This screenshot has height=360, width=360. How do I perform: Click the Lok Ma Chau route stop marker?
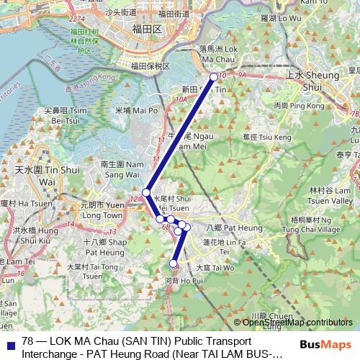click(x=213, y=77)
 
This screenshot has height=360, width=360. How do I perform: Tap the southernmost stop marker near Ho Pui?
click(x=174, y=263)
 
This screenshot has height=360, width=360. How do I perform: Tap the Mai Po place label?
click(x=135, y=111)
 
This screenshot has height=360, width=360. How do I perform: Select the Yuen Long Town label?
click(x=102, y=210)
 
